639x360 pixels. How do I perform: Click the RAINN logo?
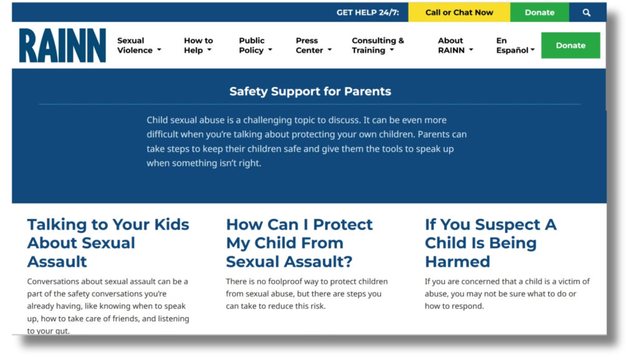62,45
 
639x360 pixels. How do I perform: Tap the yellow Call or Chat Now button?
459,12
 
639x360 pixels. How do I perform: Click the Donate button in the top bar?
540,12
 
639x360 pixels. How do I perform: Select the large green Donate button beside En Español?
570,45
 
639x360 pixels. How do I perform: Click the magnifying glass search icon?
587,12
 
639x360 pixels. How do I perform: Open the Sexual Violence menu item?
139,45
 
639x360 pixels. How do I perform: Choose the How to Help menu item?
198,45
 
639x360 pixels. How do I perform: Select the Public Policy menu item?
255,45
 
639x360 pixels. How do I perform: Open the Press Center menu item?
314,45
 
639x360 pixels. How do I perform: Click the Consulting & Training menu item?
378,45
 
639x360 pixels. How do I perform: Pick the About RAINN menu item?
456,45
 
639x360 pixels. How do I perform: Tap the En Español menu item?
515,45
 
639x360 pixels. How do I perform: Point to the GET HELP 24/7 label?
368,12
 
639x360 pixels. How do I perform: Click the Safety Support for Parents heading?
310,91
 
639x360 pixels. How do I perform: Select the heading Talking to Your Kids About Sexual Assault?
108,243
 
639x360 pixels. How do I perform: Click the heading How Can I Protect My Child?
299,243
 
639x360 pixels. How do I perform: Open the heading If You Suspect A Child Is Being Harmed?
490,243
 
